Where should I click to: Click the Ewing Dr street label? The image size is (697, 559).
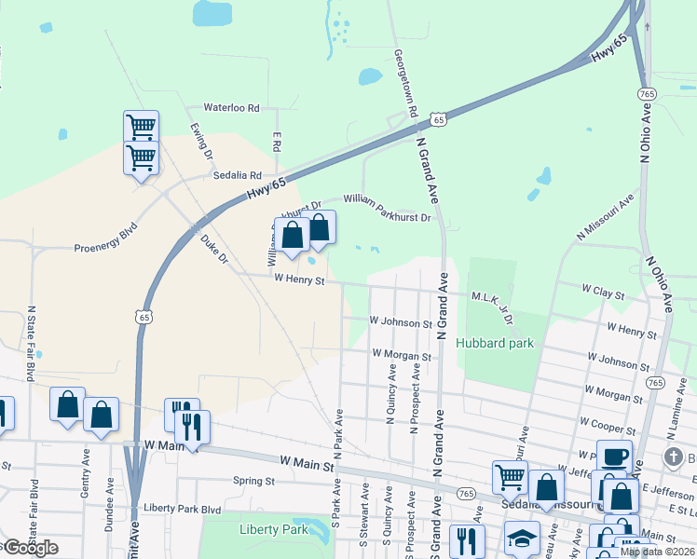coord(201,143)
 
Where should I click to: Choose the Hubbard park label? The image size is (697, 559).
coord(495,343)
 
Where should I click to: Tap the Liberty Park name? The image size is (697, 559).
coord(273,529)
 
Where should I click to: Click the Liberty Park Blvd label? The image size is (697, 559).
coord(182,510)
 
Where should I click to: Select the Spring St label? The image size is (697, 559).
coord(253,482)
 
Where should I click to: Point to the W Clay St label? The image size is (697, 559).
coord(602,293)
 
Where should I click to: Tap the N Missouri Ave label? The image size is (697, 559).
coord(605,218)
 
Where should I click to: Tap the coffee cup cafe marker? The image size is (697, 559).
coord(614,457)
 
